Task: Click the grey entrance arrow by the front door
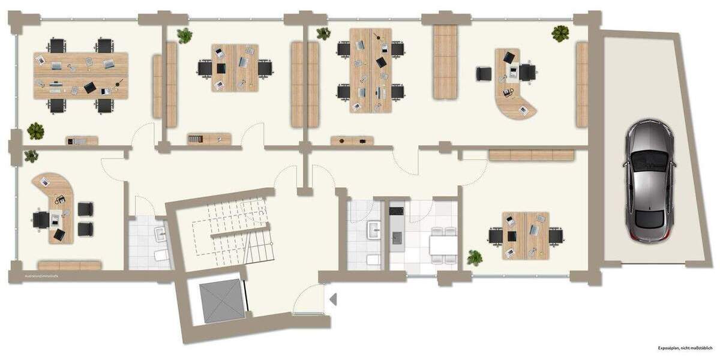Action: (334, 298)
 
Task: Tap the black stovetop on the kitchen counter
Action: (397, 211)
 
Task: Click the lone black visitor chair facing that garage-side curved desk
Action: (484, 74)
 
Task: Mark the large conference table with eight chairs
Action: (81, 75)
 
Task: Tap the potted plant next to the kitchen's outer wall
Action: (475, 258)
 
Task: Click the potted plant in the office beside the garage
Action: (560, 33)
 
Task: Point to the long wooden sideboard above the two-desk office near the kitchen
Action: (532, 155)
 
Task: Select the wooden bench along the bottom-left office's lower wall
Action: (69, 265)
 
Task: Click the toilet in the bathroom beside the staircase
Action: (161, 255)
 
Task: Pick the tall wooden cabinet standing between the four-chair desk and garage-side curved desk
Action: (445, 62)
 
